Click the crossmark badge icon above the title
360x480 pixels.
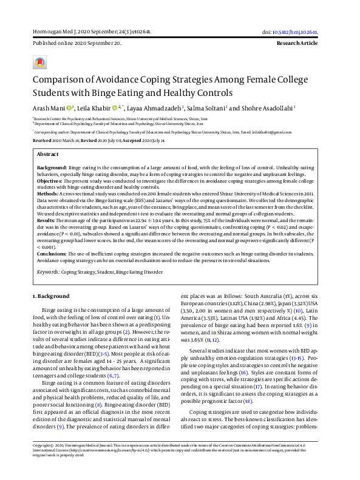(40, 64)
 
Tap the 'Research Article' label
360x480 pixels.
(297, 44)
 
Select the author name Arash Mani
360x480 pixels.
(47, 107)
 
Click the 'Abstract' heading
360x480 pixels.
(48, 154)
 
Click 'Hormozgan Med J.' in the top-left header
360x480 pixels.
(52, 32)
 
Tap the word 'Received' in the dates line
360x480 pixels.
(43, 140)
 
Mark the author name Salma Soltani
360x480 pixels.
(206, 107)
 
